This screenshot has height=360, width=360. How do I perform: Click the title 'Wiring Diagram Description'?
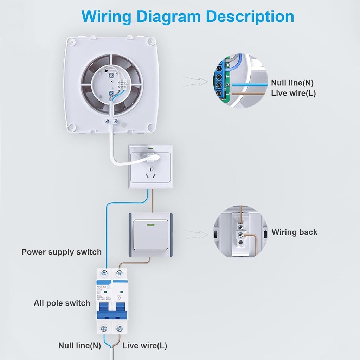coord(187,17)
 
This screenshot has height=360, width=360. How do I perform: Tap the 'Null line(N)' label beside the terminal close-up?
coord(292,83)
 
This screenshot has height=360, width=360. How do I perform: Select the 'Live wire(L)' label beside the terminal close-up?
coord(293,94)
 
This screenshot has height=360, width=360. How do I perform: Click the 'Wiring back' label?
coord(294,232)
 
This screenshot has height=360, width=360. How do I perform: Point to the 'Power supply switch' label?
coord(62,252)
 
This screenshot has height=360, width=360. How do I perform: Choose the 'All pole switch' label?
coord(62,303)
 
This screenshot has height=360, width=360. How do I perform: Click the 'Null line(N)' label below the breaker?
coord(80,346)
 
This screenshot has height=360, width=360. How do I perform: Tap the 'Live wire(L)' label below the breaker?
coord(144,346)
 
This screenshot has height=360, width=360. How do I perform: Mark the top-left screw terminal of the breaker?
coord(104,273)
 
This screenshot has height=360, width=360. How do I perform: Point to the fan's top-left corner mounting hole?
coord(72,43)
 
